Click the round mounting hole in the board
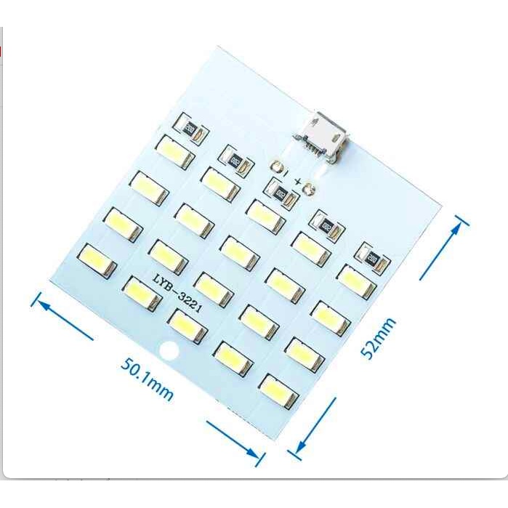(169, 352)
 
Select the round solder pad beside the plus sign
(309, 190)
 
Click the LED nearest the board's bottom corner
(278, 391)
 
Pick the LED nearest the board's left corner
(97, 259)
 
